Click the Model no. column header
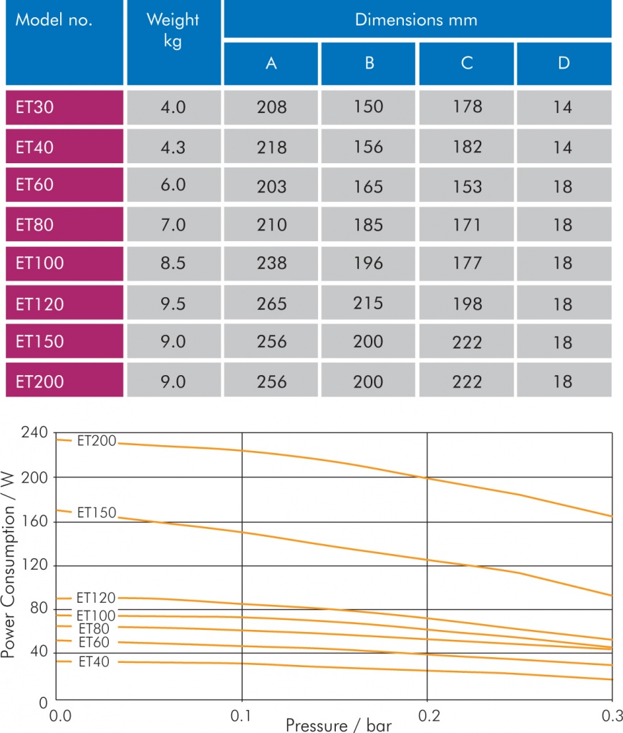click(x=54, y=20)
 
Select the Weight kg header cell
click(x=173, y=30)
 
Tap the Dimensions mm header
click(x=416, y=19)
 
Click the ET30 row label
click(x=35, y=107)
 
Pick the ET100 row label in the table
click(x=39, y=263)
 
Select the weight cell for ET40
click(x=173, y=147)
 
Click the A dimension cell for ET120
click(x=271, y=304)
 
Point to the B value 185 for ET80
click(x=368, y=225)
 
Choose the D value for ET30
click(x=563, y=107)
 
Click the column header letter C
click(x=467, y=63)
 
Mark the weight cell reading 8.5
click(x=173, y=263)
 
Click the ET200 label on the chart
click(x=96, y=441)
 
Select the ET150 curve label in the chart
click(x=96, y=513)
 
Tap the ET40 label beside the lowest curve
click(x=94, y=662)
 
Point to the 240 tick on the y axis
click(x=34, y=433)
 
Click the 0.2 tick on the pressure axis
click(x=427, y=715)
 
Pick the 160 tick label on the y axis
click(x=34, y=521)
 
